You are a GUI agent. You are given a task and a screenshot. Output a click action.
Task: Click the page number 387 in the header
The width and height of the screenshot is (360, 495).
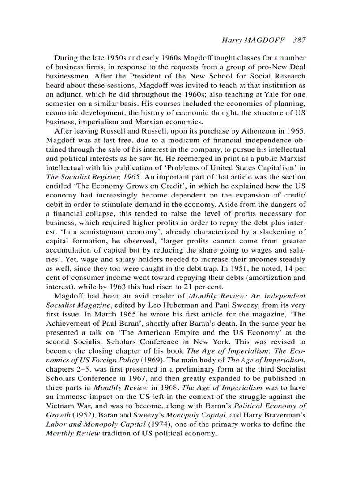[299, 40]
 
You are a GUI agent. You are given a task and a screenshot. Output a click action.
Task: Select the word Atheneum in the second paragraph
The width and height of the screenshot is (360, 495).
[255, 131]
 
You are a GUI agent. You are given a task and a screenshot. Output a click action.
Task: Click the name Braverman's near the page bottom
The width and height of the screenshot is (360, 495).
[281, 415]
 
